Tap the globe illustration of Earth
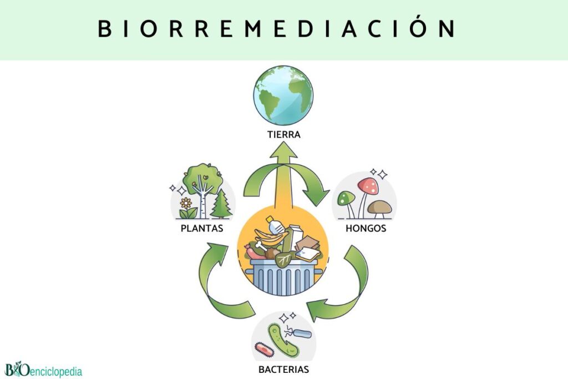click(283, 95)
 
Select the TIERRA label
click(283, 134)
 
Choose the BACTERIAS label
click(283, 368)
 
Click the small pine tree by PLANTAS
click(221, 204)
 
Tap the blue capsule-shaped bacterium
click(302, 334)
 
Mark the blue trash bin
click(283, 275)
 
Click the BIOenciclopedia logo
click(43, 370)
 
